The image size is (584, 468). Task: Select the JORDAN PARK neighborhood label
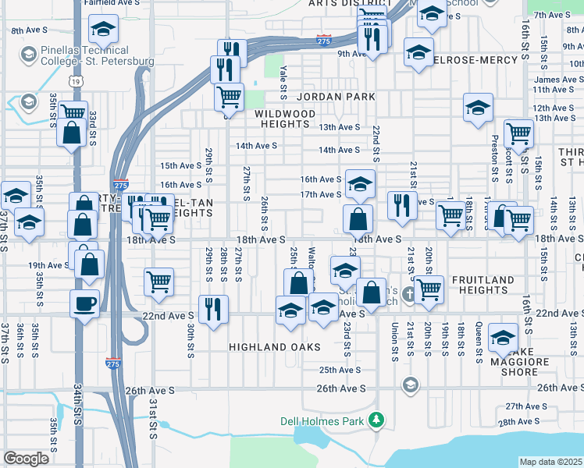tap(336, 97)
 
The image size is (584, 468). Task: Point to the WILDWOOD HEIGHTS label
tap(285, 119)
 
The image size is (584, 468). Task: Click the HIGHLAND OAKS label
tap(275, 346)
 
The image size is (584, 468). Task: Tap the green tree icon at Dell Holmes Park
tap(377, 421)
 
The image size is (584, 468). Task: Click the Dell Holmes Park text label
tap(323, 421)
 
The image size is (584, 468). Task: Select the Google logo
tap(26, 459)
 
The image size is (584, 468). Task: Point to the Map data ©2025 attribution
tap(550, 462)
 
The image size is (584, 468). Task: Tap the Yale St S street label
tap(283, 82)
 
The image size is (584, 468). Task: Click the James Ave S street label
tap(558, 80)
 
